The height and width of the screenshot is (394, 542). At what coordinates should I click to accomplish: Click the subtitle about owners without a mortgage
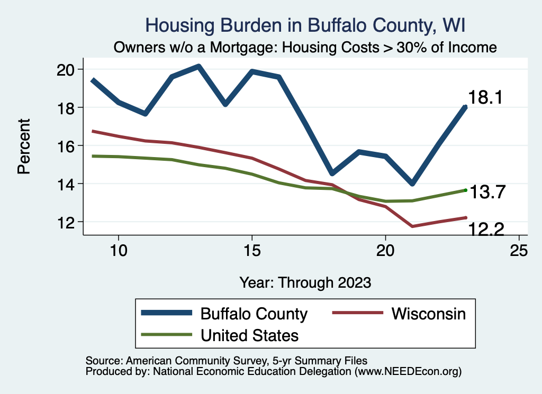[x=305, y=48]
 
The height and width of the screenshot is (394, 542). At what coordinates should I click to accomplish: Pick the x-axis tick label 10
[x=119, y=250]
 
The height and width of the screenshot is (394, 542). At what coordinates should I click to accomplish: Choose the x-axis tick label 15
[x=252, y=250]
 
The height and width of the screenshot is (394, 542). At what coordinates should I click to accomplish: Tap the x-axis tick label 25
[x=519, y=250]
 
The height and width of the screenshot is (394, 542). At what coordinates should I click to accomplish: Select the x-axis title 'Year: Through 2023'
[x=305, y=281]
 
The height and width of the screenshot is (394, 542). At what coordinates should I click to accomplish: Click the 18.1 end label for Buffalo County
[x=485, y=98]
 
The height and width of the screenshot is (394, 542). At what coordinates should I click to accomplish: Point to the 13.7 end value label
[x=489, y=193]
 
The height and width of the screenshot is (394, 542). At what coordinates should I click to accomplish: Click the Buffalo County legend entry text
[x=254, y=314]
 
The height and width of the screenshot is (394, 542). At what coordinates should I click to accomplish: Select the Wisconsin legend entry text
[x=429, y=314]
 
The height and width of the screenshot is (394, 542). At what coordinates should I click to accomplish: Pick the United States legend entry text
[x=249, y=335]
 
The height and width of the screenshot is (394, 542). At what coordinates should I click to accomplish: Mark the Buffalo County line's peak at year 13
[x=198, y=67]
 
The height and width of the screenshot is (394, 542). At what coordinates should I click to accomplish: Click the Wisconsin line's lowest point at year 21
[x=412, y=226]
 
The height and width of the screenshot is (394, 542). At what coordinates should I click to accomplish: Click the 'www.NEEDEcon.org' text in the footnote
[x=408, y=372]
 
